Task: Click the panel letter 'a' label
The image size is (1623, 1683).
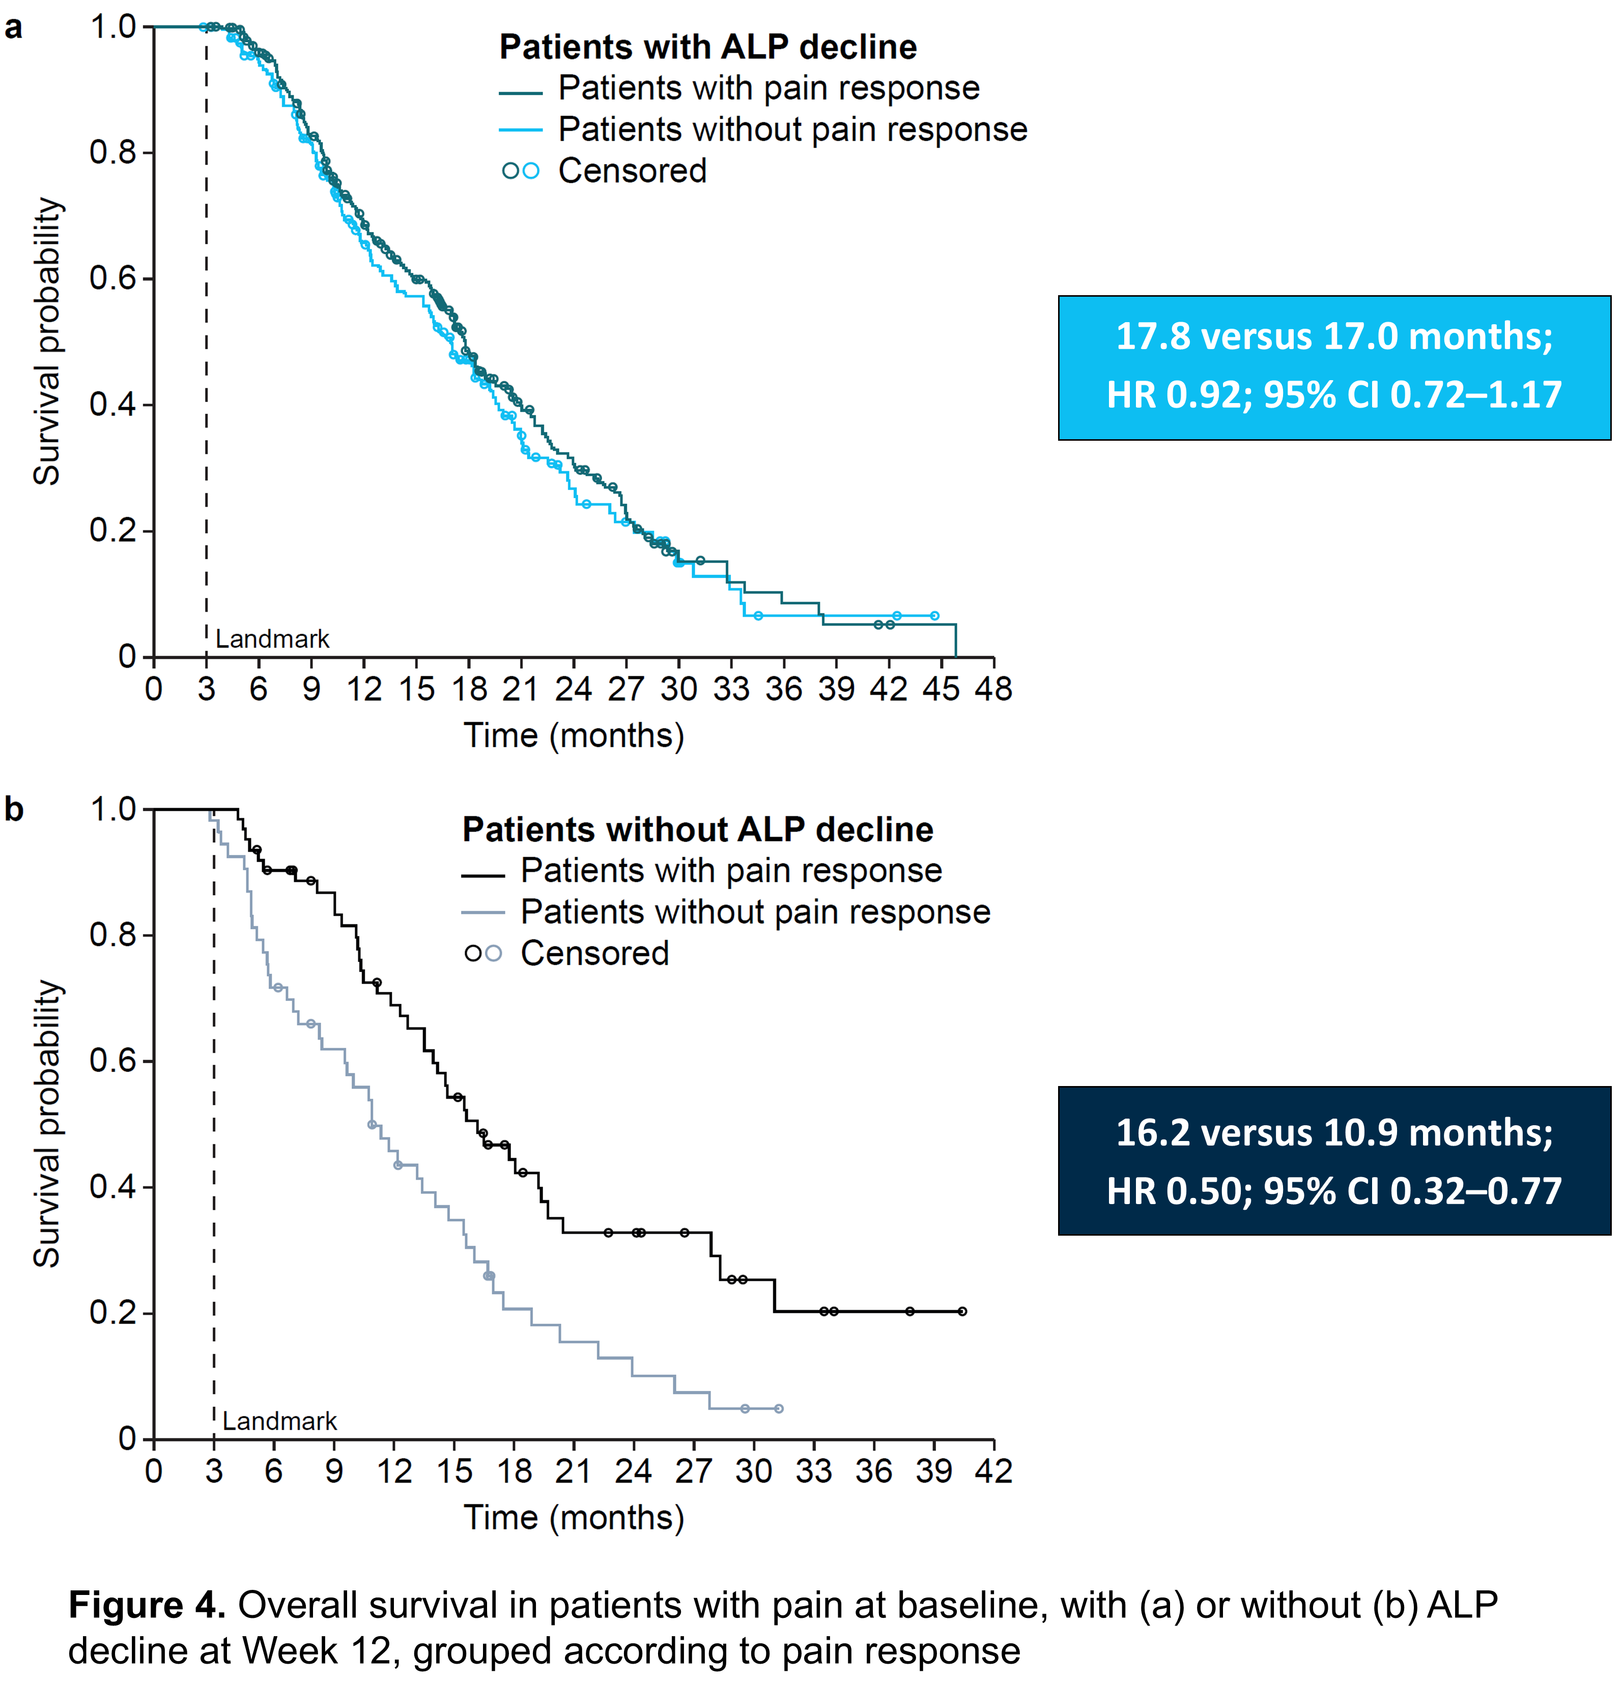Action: tap(14, 28)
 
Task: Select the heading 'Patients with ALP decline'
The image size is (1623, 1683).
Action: tap(707, 47)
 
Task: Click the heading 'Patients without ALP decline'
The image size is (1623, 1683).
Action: tap(697, 830)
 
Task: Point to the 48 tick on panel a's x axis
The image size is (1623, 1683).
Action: tap(993, 689)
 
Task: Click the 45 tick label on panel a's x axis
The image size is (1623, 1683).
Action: tap(941, 689)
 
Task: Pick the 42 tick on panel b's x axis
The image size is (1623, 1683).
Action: tap(993, 1471)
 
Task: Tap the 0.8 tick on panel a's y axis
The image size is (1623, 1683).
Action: tap(111, 153)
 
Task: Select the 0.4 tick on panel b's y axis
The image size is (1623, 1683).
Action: tap(111, 1187)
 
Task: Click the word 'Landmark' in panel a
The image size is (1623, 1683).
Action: tap(272, 639)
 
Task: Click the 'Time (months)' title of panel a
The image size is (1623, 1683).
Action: tap(574, 736)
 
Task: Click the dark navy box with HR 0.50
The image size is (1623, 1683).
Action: tap(1333, 1161)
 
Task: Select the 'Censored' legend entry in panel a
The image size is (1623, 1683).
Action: tap(632, 171)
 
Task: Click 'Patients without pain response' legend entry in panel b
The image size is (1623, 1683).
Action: tap(755, 912)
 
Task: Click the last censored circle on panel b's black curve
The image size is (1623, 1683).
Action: tap(962, 1311)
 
